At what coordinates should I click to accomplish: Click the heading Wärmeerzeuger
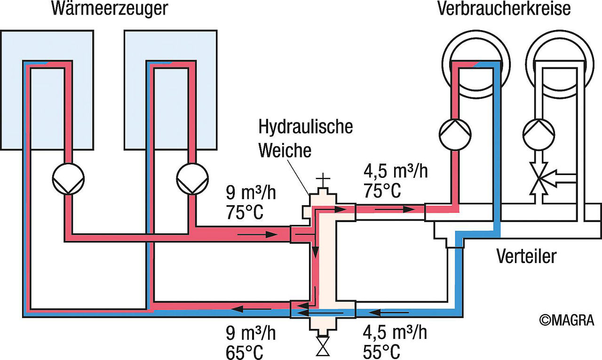pos(110,9)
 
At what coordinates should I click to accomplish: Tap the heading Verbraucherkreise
pos(504,8)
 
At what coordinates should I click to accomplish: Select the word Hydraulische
pos(306,127)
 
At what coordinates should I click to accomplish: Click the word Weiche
pos(285,150)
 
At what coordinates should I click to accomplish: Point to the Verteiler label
pos(526,256)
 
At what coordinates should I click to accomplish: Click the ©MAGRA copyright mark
pos(567,320)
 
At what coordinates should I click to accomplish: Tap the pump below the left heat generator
pos(68,179)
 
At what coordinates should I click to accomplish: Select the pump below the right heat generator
pos(192,179)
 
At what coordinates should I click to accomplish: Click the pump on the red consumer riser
pos(455,135)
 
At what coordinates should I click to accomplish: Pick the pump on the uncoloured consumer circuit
pos(539,135)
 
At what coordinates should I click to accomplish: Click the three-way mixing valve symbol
pos(548,178)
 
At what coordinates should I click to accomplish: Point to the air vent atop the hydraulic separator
pos(323,181)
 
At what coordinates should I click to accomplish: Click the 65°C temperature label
pos(244,352)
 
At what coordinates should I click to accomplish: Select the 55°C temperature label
pos(381,352)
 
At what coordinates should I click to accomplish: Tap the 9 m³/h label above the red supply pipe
pos(251,192)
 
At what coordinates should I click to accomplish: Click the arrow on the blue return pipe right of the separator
pos(388,312)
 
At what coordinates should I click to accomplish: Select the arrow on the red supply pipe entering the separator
pos(257,235)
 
